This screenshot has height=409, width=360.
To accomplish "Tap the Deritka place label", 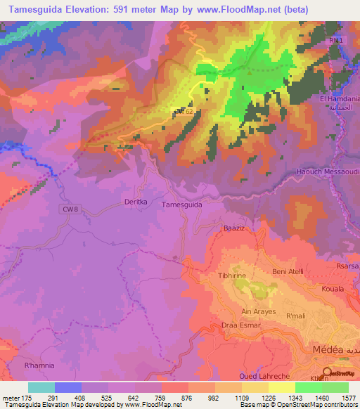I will [x=136, y=202].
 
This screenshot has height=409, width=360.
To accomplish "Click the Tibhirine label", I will [x=232, y=276].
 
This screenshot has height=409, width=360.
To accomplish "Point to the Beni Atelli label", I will [x=287, y=271].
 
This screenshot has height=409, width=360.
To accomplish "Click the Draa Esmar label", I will [x=240, y=325].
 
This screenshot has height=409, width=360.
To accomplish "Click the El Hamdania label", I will [x=340, y=99].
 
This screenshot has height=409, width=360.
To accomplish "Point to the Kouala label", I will [x=332, y=289].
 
